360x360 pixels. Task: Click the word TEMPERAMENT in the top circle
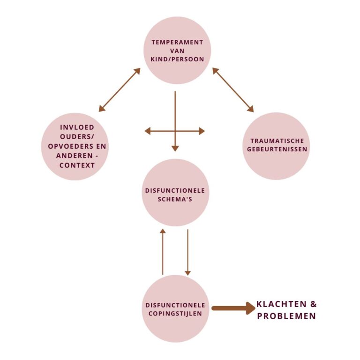pos(177,42)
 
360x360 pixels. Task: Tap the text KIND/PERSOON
pos(177,60)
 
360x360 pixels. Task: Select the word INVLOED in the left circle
pos(77,127)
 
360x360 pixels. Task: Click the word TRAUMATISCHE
pos(277,141)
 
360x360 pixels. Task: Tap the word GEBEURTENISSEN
pos(277,150)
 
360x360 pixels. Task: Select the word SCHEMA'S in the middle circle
pos(175,199)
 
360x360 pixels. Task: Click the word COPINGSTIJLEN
pos(175,314)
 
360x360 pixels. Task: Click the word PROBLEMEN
pos(286,316)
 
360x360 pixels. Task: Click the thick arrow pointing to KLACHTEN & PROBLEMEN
pos(232,308)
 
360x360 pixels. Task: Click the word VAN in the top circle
pos(177,51)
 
